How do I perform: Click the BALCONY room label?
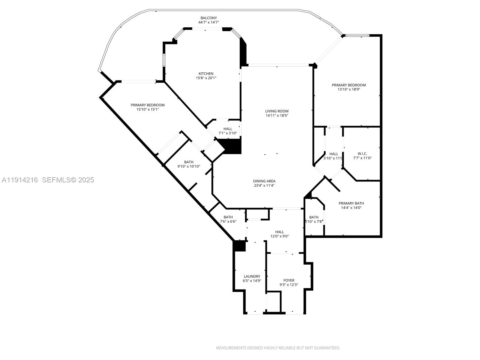point(208,18)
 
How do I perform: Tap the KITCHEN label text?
point(206,73)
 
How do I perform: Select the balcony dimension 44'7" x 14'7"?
point(208,22)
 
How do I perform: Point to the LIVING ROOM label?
point(277,111)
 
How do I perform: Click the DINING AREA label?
point(264,181)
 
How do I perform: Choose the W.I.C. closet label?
point(362,154)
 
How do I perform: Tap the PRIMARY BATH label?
point(351,203)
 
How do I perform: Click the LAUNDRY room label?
point(252,276)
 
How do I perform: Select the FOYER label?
point(289,280)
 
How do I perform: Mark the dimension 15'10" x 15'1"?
point(147,109)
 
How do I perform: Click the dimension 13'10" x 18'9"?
point(349,89)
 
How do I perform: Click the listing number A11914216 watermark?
point(20,180)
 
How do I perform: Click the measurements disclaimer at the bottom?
point(278,348)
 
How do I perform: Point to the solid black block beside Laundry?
point(239,246)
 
